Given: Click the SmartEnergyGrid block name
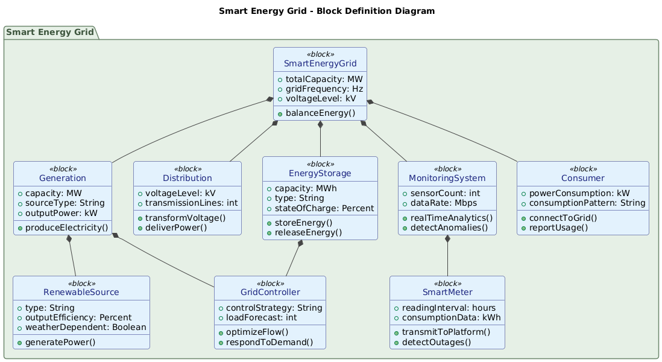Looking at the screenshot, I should [x=320, y=64].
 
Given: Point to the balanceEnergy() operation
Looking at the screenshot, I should [x=320, y=113].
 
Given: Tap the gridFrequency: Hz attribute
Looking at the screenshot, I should [x=324, y=89].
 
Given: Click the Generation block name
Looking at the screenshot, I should [x=62, y=178].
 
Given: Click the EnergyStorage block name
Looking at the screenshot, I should [x=320, y=173].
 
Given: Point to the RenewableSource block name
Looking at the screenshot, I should [x=81, y=293].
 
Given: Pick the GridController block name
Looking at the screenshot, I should [x=270, y=293].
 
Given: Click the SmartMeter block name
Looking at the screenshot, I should [x=447, y=293].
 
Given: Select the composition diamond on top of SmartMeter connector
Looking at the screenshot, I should [x=447, y=240].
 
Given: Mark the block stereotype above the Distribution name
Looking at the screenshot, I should [x=187, y=169].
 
